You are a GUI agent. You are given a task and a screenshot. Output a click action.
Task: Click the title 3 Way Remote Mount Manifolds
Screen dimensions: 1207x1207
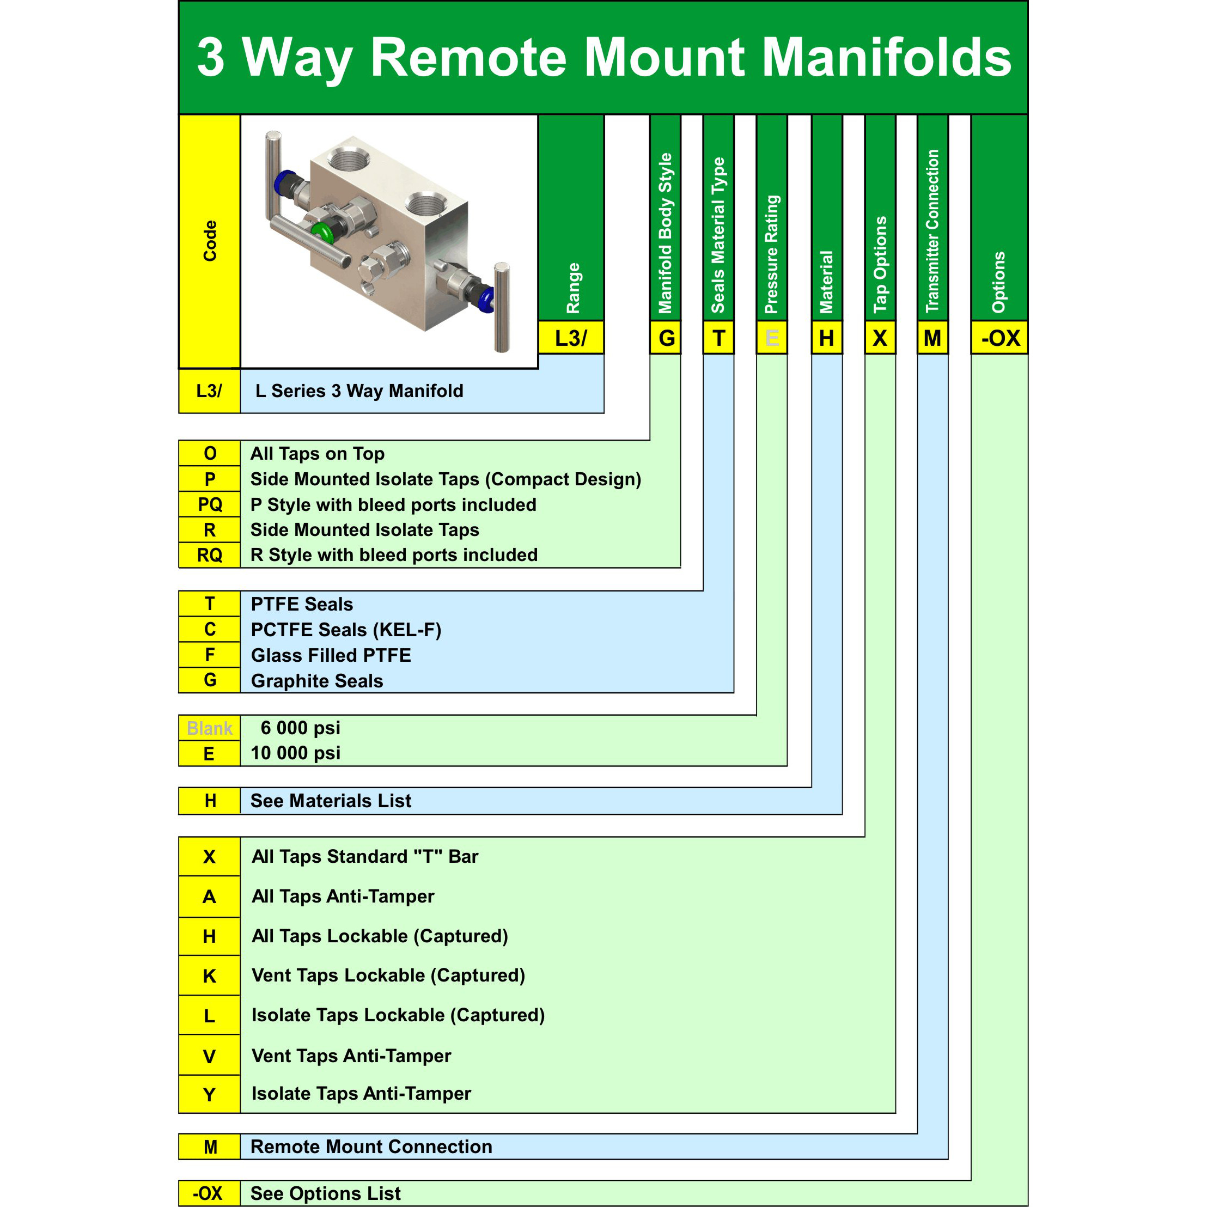pyautogui.click(x=603, y=58)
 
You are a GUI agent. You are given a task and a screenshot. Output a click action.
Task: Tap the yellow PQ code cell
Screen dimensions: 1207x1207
pyautogui.click(x=209, y=504)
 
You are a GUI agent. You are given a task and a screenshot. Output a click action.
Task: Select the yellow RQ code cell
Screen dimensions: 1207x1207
pyautogui.click(x=209, y=555)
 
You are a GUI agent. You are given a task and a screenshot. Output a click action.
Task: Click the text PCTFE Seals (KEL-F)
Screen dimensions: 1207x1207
pyautogui.click(x=345, y=630)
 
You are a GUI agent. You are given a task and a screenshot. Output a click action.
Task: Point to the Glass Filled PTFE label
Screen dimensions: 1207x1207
pyautogui.click(x=331, y=655)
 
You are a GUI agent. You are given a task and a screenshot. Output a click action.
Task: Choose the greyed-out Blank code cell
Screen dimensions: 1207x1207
pyautogui.click(x=209, y=728)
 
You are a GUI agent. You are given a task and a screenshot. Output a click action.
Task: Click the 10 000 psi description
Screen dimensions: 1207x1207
pyautogui.click(x=296, y=753)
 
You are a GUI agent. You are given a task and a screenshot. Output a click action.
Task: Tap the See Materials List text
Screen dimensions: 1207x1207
pyautogui.click(x=331, y=800)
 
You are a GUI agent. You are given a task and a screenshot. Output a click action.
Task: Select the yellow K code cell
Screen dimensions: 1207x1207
pyautogui.click(x=209, y=975)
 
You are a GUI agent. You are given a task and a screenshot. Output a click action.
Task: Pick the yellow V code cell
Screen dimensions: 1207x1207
pyautogui.click(x=209, y=1055)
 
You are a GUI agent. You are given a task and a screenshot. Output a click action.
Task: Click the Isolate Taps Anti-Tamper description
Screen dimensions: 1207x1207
pyautogui.click(x=361, y=1093)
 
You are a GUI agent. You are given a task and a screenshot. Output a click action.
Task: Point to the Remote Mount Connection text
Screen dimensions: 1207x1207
pyautogui.click(x=371, y=1147)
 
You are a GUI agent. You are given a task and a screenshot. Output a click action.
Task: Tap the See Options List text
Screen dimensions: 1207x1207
pyautogui.click(x=326, y=1193)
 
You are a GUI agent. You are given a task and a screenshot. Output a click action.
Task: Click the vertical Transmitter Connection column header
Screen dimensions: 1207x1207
pyautogui.click(x=932, y=231)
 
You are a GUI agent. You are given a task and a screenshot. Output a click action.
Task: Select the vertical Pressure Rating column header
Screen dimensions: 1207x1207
pyautogui.click(x=772, y=254)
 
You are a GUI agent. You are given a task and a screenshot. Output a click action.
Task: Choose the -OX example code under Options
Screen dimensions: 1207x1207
pyautogui.click(x=999, y=338)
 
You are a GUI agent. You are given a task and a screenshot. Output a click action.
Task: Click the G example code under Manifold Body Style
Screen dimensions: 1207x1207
pyautogui.click(x=666, y=338)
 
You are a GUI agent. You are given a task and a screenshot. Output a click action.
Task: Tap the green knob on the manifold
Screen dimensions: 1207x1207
pyautogui.click(x=324, y=231)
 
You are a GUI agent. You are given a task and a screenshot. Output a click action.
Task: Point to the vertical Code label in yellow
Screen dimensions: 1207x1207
pyautogui.click(x=210, y=241)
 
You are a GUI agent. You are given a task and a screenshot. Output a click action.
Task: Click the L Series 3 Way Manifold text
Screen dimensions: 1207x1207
pyautogui.click(x=359, y=391)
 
